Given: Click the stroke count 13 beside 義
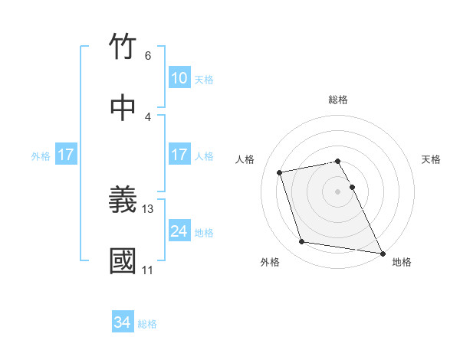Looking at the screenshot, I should click(x=148, y=208).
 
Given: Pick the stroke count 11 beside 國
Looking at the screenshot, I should click(x=148, y=270).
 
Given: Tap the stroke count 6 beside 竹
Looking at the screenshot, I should click(x=148, y=55).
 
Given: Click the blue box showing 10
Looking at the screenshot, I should click(x=179, y=78).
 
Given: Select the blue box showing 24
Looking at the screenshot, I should click(x=179, y=231).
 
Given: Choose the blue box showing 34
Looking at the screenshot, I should click(x=122, y=322).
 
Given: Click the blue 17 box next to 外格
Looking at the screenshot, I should click(x=65, y=155).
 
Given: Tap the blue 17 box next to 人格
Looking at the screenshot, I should click(x=179, y=155).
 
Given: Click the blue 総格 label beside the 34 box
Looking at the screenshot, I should click(x=147, y=324).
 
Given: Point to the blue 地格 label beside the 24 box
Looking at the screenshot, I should click(x=204, y=233).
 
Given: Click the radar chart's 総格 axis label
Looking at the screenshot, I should click(x=338, y=100).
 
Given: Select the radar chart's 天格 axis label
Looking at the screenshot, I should click(x=432, y=159).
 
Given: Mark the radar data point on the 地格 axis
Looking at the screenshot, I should click(x=382, y=252).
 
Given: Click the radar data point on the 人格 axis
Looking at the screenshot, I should click(x=280, y=172).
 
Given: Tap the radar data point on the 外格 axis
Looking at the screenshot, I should click(x=302, y=242).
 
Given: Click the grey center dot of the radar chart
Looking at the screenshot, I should click(x=338, y=191).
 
